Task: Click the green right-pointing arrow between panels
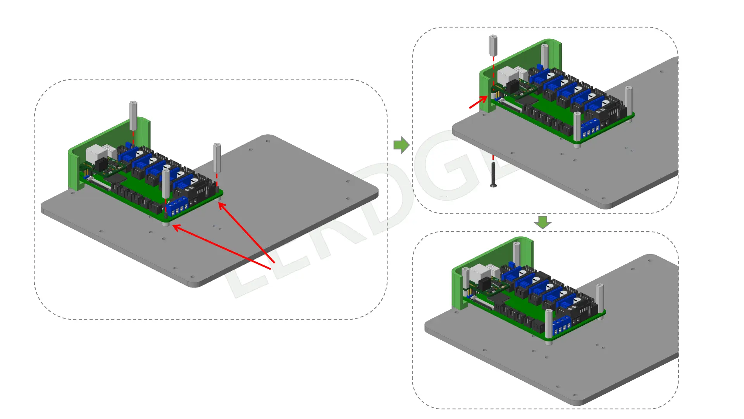tap(401, 145)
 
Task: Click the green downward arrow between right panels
tap(542, 222)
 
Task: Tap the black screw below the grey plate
tap(493, 175)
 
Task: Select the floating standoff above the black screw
tap(493, 45)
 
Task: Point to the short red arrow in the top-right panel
tap(478, 102)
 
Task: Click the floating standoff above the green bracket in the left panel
tap(133, 116)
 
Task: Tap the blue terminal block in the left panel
tap(177, 206)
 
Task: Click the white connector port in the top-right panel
tap(506, 75)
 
